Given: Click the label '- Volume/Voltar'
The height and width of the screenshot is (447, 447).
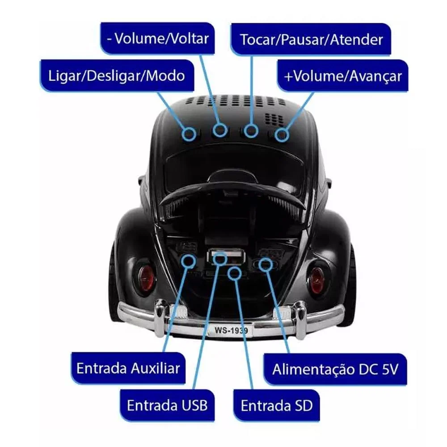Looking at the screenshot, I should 157,38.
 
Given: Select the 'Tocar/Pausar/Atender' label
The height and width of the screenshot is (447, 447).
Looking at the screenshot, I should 311,39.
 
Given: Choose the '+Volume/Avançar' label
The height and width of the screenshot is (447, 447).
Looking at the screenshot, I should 343,76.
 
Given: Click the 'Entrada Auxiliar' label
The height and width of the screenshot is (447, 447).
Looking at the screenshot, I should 128,368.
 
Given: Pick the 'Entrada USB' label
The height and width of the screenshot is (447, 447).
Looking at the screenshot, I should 167,405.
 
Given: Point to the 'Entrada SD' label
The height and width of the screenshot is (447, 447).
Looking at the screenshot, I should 276,406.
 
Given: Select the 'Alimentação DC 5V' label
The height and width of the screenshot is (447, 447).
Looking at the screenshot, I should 334,370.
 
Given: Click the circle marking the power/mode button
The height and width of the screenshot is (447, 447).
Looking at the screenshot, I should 190,133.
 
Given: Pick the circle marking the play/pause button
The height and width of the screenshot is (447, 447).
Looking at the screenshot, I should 251,131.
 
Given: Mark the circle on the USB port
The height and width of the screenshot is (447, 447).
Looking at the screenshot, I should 219,258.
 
